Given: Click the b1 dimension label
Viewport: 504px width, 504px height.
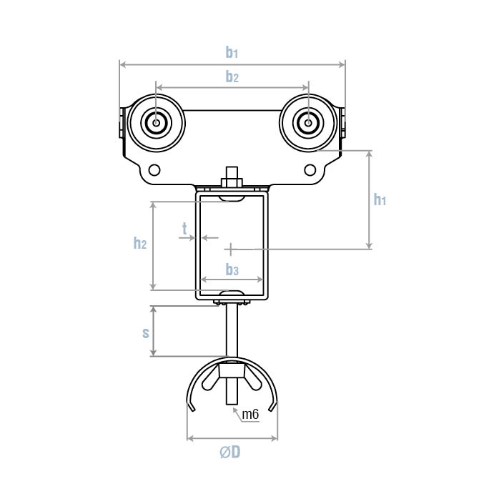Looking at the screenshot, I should tap(232, 52).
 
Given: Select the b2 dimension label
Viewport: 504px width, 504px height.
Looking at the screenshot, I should tap(232, 77).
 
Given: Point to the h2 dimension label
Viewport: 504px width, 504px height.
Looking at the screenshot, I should tap(140, 243).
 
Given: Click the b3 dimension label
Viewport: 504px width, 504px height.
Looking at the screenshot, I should tap(232, 270).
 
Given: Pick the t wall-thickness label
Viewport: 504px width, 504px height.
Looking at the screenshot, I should tap(184, 229).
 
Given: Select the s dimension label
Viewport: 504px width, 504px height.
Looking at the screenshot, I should tap(146, 332).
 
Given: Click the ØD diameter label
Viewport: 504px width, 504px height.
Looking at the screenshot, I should tap(230, 453).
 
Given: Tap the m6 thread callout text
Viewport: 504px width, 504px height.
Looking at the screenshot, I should tap(250, 415).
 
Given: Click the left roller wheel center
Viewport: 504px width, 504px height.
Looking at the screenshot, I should tap(155, 123).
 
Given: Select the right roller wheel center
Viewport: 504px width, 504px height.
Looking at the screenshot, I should tap(308, 123).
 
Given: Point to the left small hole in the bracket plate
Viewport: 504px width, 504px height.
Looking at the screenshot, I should tap(154, 170).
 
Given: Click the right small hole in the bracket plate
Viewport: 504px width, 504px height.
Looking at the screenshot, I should tap(309, 170).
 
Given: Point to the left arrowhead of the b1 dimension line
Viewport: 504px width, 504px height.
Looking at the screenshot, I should tap(122, 65).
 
